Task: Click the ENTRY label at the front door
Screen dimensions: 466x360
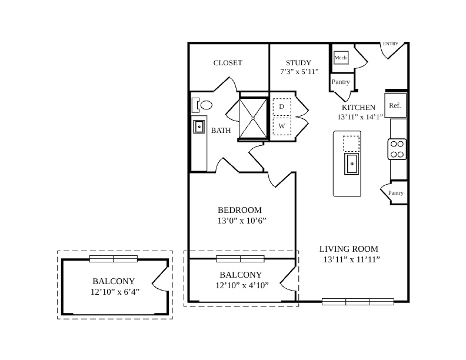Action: pyautogui.click(x=391, y=44)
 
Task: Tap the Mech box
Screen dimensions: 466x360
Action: pyautogui.click(x=341, y=58)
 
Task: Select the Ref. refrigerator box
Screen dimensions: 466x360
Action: pyautogui.click(x=395, y=105)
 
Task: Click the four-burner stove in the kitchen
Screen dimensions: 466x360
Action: pyautogui.click(x=397, y=149)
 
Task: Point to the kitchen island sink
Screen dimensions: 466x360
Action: pyautogui.click(x=352, y=164)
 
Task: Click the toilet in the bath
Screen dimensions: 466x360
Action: pyautogui.click(x=202, y=105)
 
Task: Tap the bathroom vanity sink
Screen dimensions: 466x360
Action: pyautogui.click(x=199, y=127)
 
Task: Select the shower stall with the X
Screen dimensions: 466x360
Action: pyautogui.click(x=253, y=118)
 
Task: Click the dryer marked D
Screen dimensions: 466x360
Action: pyautogui.click(x=282, y=107)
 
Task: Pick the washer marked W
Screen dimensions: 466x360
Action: pyautogui.click(x=282, y=126)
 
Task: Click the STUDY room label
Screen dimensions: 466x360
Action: pyautogui.click(x=298, y=63)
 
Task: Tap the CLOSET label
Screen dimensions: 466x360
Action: pyautogui.click(x=228, y=63)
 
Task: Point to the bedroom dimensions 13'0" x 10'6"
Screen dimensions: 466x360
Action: pyautogui.click(x=242, y=221)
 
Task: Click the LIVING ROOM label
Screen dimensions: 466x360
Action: pyautogui.click(x=349, y=249)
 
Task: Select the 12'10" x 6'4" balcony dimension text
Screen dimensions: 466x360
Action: pyautogui.click(x=115, y=292)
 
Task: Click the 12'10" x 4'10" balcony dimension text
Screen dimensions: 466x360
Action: pyautogui.click(x=242, y=285)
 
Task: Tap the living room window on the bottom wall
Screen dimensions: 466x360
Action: pyautogui.click(x=358, y=302)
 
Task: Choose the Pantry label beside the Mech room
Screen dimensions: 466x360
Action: pyautogui.click(x=341, y=82)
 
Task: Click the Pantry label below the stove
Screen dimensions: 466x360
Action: pyautogui.click(x=396, y=193)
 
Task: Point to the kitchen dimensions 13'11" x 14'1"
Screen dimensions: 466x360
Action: pyautogui.click(x=360, y=117)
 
